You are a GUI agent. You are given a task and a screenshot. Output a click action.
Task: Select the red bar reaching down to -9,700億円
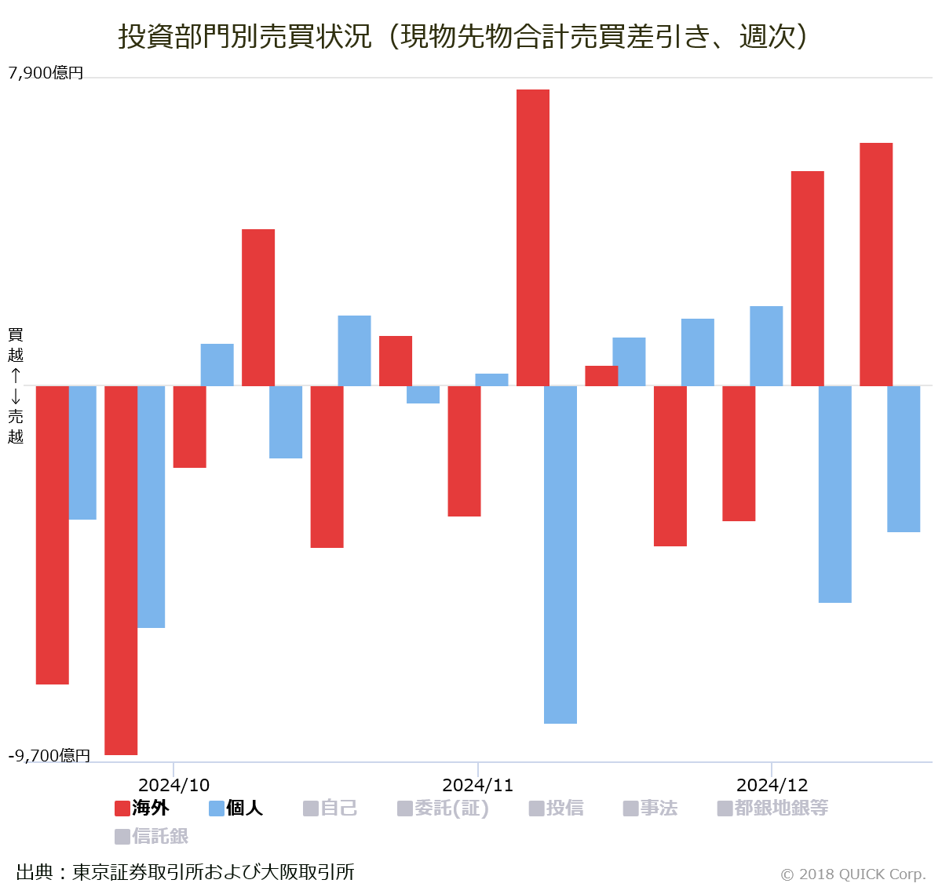click(121, 570)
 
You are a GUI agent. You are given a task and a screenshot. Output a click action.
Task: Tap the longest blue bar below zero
click(560, 554)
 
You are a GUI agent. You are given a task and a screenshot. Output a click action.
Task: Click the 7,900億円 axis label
click(46, 73)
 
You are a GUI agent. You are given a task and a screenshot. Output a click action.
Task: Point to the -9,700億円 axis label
click(49, 755)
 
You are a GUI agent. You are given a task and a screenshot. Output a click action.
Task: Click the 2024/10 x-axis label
click(173, 785)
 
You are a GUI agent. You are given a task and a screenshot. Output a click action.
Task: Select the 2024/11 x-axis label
click(477, 785)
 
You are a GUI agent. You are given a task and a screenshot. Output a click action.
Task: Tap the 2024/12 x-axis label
click(772, 785)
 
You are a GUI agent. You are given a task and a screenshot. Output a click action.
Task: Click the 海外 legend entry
click(142, 808)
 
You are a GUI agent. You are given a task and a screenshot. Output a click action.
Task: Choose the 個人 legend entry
click(236, 808)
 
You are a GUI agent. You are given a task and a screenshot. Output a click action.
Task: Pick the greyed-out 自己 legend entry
click(330, 808)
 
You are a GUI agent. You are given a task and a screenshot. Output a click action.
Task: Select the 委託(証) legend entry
click(444, 808)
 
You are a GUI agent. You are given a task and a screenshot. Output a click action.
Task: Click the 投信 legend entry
click(557, 808)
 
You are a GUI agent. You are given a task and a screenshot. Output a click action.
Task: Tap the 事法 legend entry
click(651, 808)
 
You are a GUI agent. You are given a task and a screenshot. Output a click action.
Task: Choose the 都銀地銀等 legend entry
click(773, 808)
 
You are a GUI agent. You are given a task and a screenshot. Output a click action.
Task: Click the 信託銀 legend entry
click(152, 836)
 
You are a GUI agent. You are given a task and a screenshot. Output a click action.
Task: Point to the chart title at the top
click(463, 36)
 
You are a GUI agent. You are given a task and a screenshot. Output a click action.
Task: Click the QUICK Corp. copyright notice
click(853, 874)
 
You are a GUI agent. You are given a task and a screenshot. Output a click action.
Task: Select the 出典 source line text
click(185, 871)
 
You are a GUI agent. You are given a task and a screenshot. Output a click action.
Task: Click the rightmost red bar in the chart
click(876, 264)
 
